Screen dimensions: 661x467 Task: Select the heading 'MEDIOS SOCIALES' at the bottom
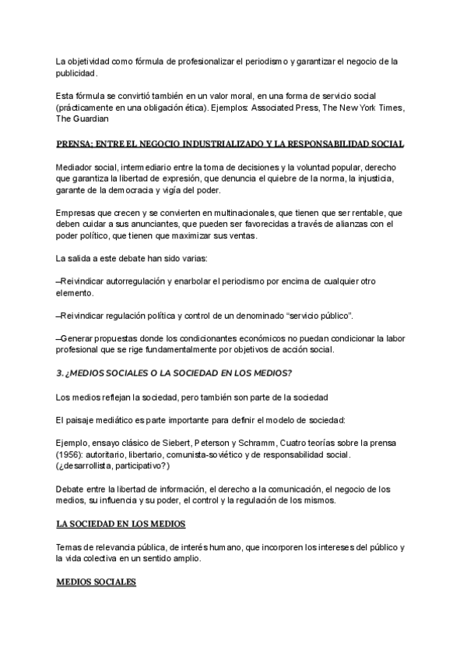97,581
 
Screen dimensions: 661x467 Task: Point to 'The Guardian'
83,119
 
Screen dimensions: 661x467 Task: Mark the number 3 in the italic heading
59,374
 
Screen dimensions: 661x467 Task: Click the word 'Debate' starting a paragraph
73,489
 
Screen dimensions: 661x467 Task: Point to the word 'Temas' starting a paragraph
72,546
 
